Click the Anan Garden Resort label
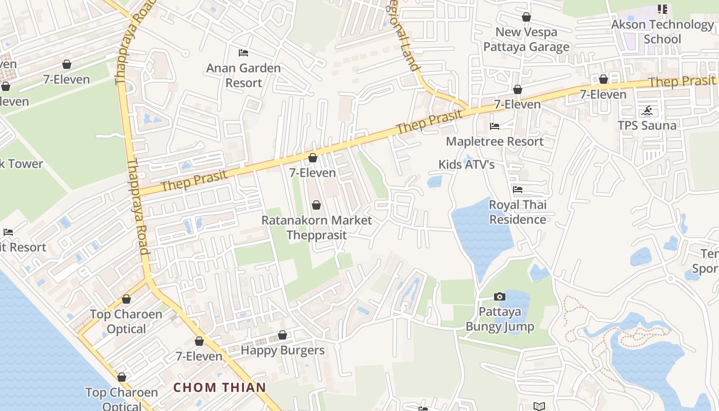tap(243, 76)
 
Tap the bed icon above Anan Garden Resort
tap(243, 53)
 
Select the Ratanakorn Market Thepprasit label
tap(316, 228)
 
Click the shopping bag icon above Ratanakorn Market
tap(316, 206)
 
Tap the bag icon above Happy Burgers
tap(282, 335)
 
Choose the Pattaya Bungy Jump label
tap(500, 319)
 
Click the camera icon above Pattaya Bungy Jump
tap(499, 296)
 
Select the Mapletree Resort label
tap(495, 141)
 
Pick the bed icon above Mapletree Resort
tap(495, 126)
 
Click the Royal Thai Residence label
tap(518, 212)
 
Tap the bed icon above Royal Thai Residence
tap(518, 190)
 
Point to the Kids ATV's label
tap(466, 164)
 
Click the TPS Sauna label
tap(647, 125)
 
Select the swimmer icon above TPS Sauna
tap(647, 110)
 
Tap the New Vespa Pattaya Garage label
tap(526, 40)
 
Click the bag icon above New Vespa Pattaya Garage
tap(526, 17)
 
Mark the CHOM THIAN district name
tap(220, 387)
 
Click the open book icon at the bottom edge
tap(539, 406)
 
